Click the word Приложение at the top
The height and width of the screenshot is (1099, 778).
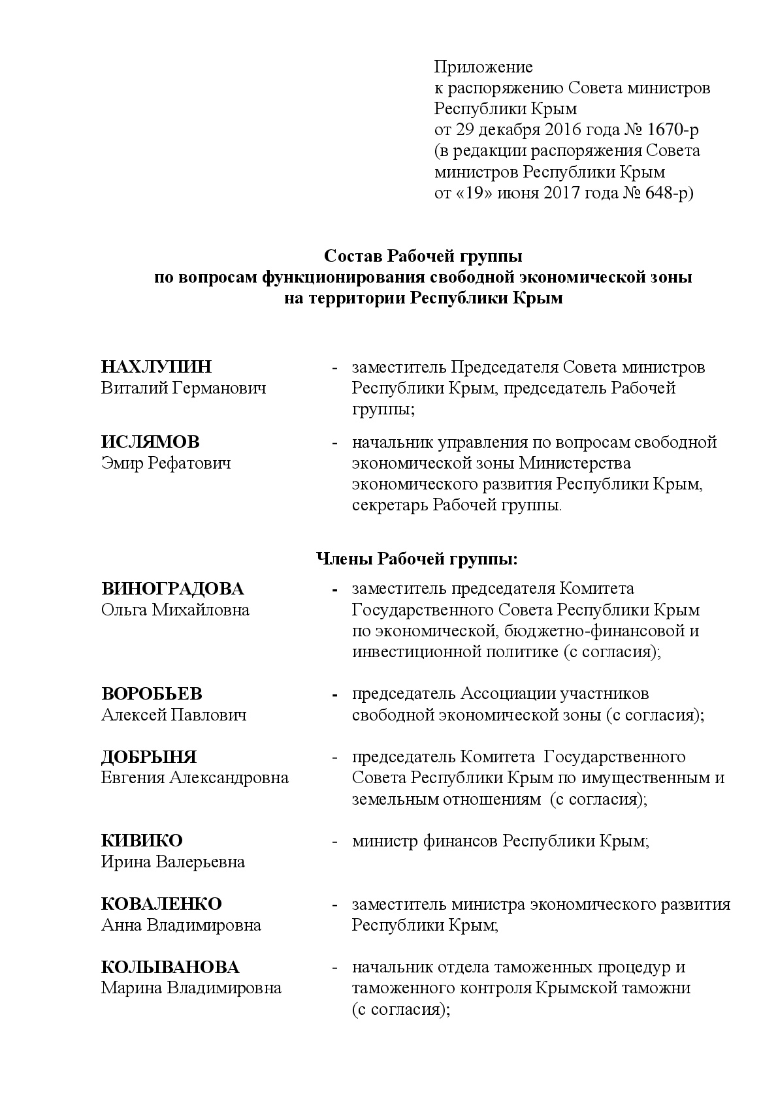point(483,67)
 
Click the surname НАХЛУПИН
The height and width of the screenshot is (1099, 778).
point(157,367)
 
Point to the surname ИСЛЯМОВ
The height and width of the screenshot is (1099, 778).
point(151,442)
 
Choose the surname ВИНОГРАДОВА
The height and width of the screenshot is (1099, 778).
point(172,589)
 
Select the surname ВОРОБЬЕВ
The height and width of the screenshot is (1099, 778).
point(152,693)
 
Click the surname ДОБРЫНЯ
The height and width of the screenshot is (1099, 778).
point(149,757)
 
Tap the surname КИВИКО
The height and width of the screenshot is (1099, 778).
point(142,841)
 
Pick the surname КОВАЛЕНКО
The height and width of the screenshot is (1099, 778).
point(161,904)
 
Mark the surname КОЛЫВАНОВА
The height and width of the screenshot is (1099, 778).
point(170,967)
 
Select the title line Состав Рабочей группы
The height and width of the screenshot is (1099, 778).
point(423,256)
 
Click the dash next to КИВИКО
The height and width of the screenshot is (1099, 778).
point(334,841)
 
